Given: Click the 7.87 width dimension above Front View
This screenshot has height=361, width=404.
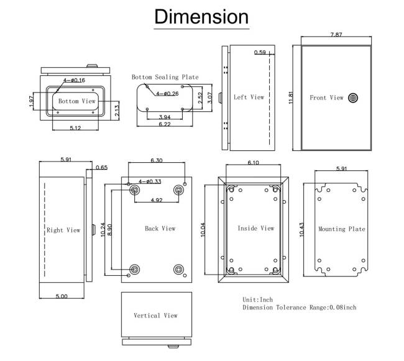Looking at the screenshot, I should tap(336, 35).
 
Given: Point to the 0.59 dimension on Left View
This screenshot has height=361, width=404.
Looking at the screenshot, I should tap(260, 53).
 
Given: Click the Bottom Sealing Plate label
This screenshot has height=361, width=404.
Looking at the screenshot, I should tap(165, 77).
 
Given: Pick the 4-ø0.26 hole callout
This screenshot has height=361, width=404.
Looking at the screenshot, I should tap(167, 93).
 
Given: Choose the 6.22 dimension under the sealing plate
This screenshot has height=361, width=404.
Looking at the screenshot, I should tap(165, 124).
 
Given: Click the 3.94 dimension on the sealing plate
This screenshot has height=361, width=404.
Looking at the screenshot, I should tap(165, 117).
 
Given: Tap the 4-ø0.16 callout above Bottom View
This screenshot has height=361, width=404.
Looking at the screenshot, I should tap(74, 80).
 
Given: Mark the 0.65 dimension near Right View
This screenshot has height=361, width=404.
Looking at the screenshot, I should tap(101, 167).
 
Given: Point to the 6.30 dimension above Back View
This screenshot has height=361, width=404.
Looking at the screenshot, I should tap(157, 160).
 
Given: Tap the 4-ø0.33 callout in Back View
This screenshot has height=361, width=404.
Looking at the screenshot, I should tap(150, 181).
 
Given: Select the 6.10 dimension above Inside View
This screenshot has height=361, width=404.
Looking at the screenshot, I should tap(253, 162).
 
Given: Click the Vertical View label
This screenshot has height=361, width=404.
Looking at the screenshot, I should tap(155, 316).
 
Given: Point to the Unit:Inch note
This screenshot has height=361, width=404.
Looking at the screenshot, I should tap(257, 299).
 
